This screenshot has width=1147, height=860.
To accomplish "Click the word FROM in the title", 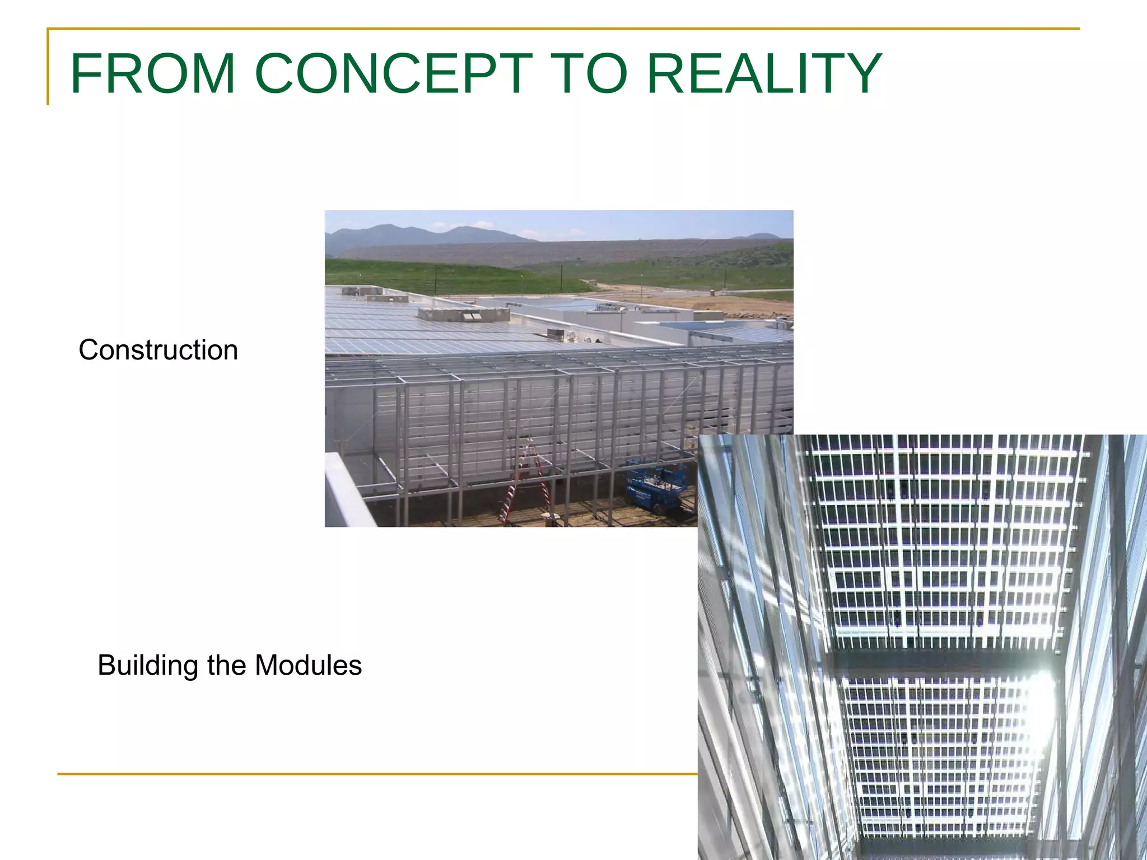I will (x=152, y=73).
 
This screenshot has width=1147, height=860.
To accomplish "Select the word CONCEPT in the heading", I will (x=393, y=73).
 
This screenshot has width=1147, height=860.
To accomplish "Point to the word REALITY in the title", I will (x=764, y=73).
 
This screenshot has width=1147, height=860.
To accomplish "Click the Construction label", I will (x=158, y=350).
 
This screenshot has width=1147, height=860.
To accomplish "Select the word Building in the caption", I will (x=148, y=666).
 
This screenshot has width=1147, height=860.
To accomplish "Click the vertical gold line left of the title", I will (x=48, y=67).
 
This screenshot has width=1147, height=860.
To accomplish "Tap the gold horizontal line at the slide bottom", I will (x=375, y=774).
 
